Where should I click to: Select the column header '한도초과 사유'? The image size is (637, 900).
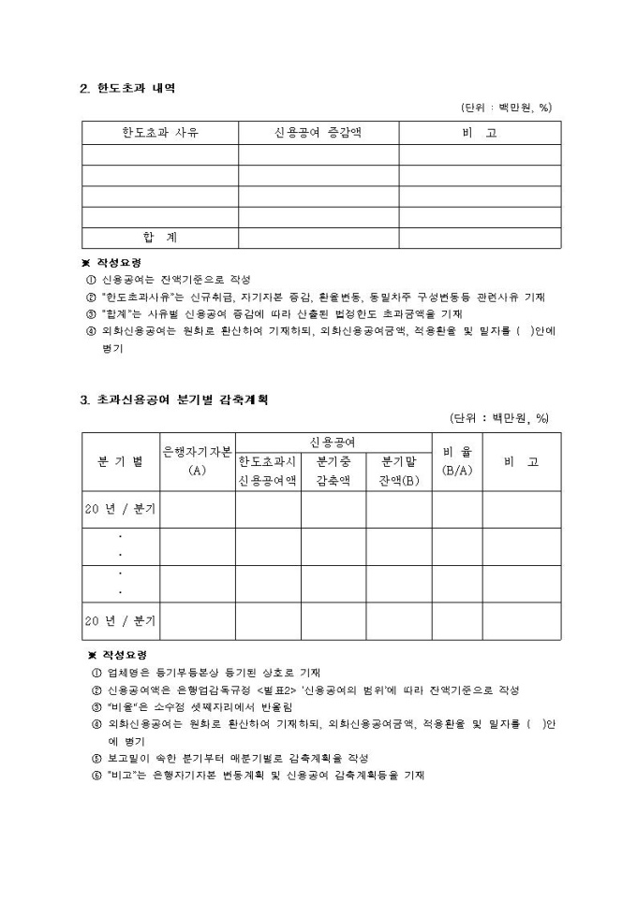(x=160, y=133)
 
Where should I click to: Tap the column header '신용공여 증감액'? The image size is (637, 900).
(x=318, y=133)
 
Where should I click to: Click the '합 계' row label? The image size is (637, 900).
(x=160, y=238)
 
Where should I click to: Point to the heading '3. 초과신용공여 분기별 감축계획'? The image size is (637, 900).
(x=174, y=399)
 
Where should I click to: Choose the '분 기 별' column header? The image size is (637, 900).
(x=121, y=461)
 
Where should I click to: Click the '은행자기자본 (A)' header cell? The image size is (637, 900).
(x=198, y=461)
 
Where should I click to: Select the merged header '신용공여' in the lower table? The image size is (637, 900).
(x=333, y=442)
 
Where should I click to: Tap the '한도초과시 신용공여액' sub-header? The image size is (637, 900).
(x=267, y=471)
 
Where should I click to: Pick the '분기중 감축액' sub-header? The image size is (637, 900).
(x=333, y=471)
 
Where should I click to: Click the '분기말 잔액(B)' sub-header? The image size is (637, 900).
(x=398, y=471)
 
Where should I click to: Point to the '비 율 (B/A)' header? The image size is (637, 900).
(x=456, y=461)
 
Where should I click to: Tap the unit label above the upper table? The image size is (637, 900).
(x=506, y=108)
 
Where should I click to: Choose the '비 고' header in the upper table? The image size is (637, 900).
(x=480, y=133)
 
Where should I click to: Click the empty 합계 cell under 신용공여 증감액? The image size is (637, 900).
(x=318, y=238)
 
